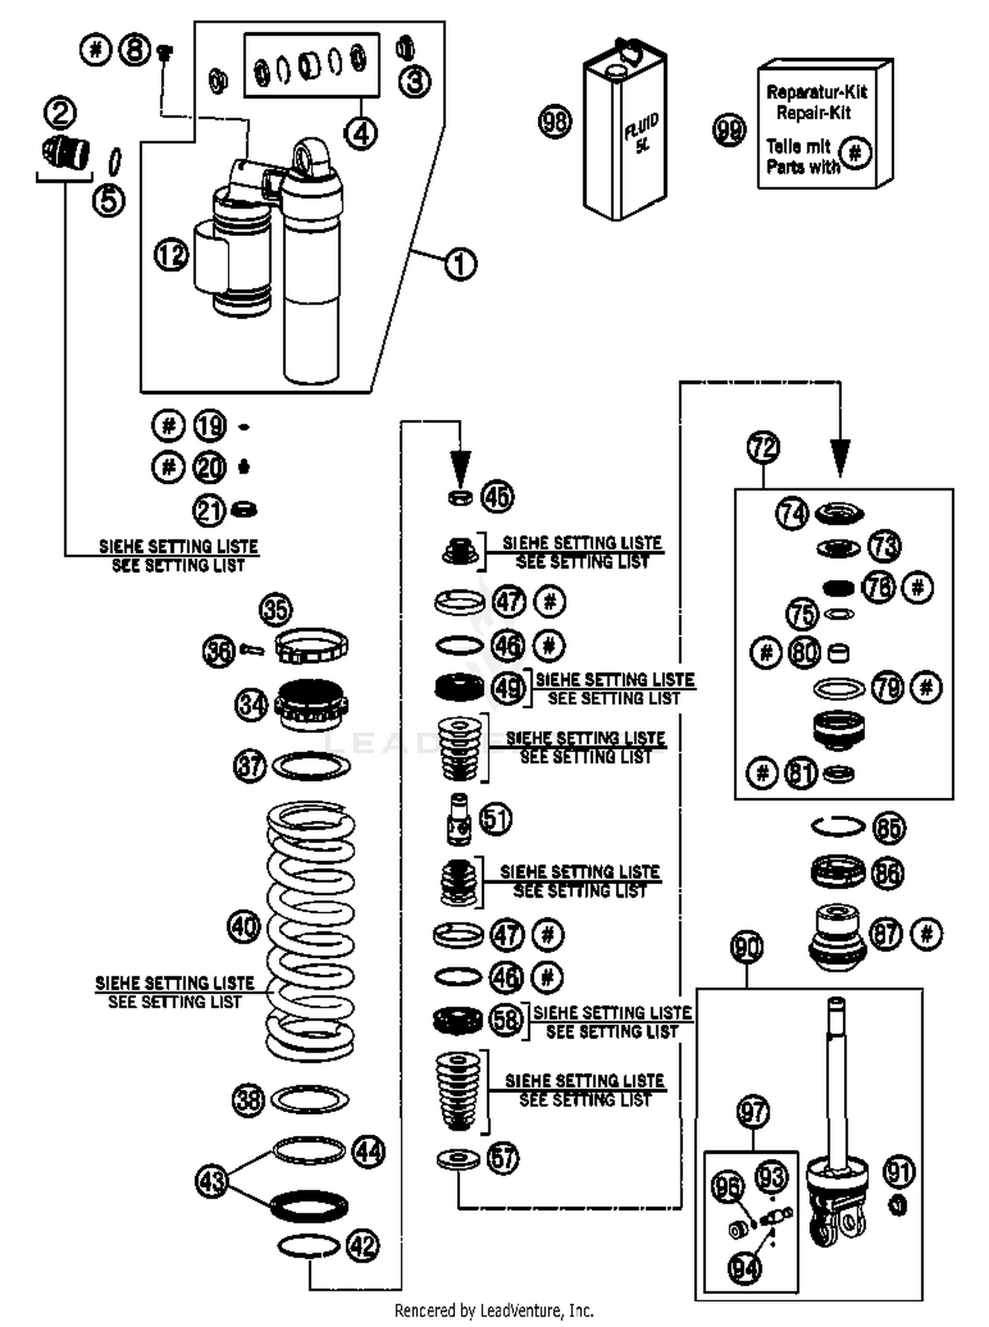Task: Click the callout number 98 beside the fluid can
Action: click(x=554, y=121)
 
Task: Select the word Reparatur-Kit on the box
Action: click(x=816, y=92)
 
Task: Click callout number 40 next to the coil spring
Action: click(x=244, y=926)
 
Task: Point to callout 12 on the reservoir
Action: click(x=171, y=254)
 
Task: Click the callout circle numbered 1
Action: click(x=460, y=264)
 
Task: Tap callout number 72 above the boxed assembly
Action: click(x=764, y=448)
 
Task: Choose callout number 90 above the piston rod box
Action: click(x=746, y=948)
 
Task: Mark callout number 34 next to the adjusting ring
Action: click(x=251, y=705)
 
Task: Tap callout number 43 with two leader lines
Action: click(x=212, y=1180)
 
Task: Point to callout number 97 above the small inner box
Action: click(x=753, y=1112)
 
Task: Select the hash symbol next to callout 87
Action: click(x=926, y=934)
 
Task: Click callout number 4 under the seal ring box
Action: click(x=361, y=134)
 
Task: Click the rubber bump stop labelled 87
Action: click(x=837, y=937)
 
